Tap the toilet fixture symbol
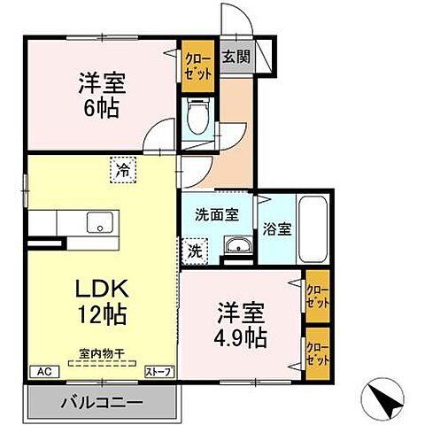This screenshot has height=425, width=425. pos(197,115)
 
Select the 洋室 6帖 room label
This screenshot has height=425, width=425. pos(100,96)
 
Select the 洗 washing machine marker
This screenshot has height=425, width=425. pos(194,250)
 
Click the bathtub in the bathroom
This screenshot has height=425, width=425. pos(314,226)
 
